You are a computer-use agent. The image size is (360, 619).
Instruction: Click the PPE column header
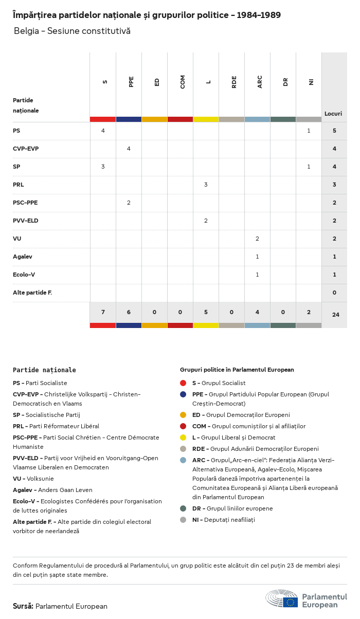tap(131, 82)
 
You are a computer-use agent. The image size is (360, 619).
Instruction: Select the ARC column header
tap(260, 82)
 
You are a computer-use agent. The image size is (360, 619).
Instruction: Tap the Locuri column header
tap(333, 114)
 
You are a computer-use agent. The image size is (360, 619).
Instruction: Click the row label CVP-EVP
tap(26, 149)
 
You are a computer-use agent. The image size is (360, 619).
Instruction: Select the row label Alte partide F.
tap(32, 293)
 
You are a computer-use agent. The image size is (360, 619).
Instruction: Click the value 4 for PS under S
tap(103, 131)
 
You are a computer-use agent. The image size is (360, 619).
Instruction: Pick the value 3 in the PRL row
tap(206, 185)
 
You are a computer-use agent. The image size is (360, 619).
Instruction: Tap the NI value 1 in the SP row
tap(309, 167)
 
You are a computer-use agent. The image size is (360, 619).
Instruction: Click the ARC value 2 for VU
tap(257, 239)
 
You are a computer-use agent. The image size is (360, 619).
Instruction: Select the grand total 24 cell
tap(335, 314)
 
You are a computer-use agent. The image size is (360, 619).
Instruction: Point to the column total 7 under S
tap(103, 312)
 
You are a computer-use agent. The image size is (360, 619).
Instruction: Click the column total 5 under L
tap(206, 312)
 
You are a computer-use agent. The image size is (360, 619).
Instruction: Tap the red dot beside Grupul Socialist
tap(183, 383)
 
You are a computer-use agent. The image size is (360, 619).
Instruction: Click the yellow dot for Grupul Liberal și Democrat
tap(183, 438)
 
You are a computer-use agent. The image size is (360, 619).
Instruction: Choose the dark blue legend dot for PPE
tap(183, 394)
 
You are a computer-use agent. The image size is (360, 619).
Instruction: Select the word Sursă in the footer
tap(23, 606)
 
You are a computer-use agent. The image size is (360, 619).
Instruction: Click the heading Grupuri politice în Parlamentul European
tap(237, 370)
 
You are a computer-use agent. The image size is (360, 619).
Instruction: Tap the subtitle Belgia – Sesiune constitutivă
tap(72, 31)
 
